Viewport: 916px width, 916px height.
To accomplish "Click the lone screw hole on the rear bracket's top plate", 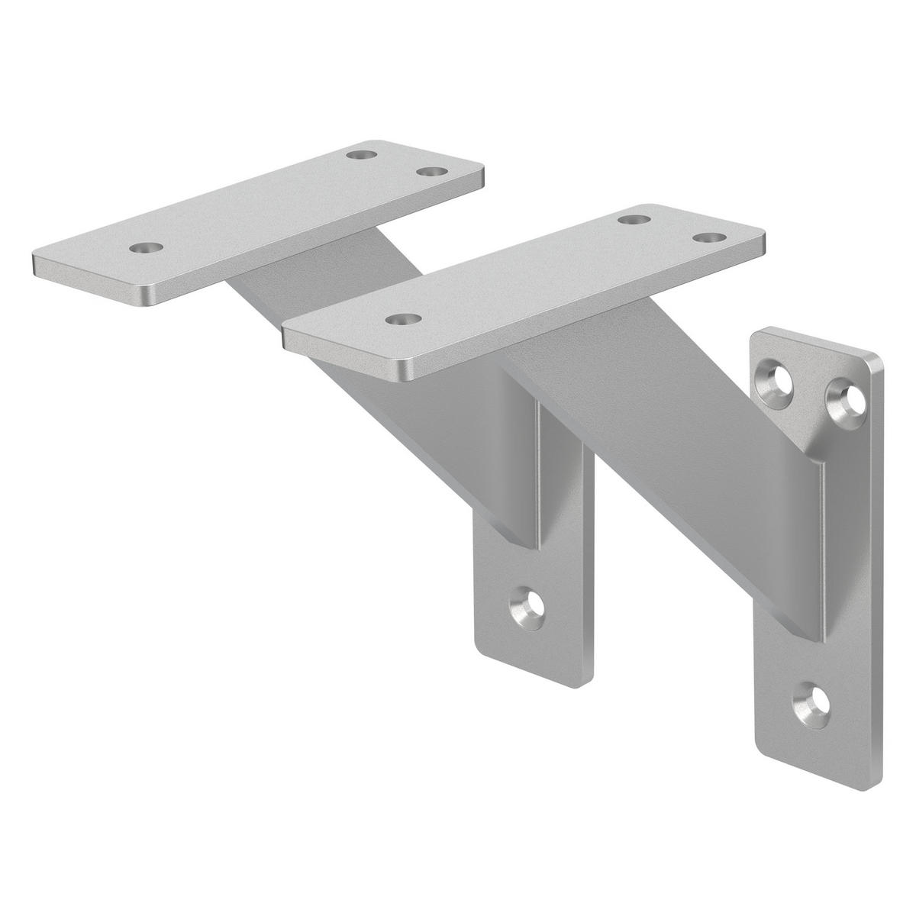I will tap(146, 249).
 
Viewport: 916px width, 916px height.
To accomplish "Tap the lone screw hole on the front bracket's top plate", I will tap(399, 318).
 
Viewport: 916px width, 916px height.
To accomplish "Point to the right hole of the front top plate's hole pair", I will tap(708, 238).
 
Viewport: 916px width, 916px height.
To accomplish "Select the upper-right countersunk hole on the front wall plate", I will tap(847, 395).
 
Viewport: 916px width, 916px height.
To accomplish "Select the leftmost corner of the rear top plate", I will tap(35, 263).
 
